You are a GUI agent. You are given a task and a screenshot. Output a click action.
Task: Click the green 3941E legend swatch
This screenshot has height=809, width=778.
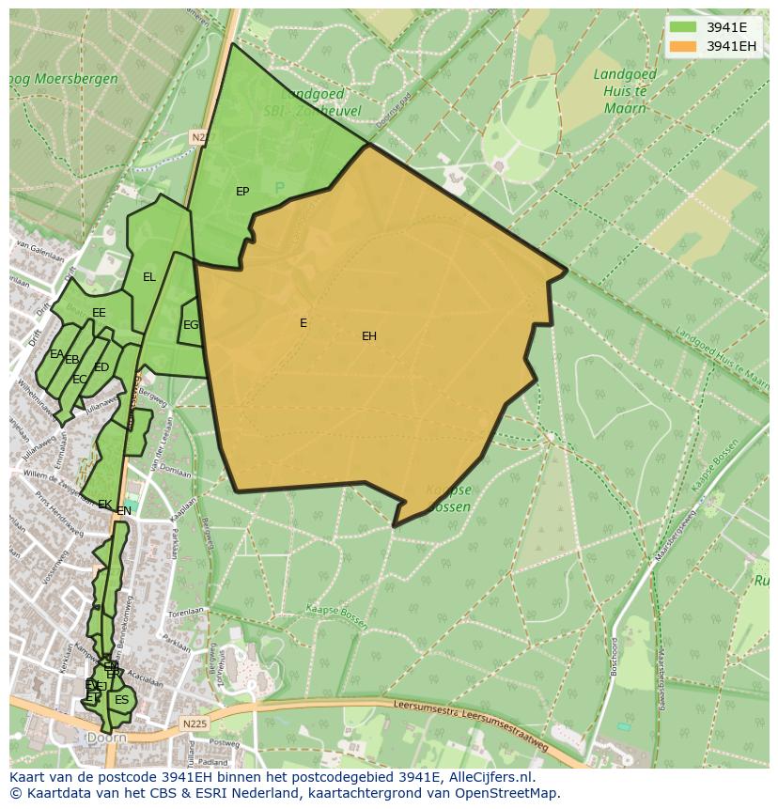point(683,27)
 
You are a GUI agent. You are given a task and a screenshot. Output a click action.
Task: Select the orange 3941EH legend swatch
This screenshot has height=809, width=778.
point(683,46)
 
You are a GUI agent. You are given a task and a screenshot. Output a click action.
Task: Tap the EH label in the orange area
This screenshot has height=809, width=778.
point(369,336)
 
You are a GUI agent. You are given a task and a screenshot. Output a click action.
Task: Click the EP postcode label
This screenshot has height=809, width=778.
point(242,192)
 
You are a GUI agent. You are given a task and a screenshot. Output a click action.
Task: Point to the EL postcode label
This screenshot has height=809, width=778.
point(149,277)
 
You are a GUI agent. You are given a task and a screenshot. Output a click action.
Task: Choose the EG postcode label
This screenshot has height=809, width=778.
point(191,325)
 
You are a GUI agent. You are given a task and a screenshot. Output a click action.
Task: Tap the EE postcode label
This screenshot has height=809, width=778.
point(99,313)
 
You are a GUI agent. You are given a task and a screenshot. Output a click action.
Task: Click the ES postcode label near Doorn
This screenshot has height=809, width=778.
point(121,700)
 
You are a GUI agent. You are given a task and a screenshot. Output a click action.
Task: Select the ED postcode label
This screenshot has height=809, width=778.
point(101,367)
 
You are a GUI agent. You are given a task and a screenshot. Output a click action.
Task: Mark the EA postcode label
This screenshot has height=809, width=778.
point(56,354)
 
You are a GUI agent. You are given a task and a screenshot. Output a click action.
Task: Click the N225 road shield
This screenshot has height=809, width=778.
point(194,723)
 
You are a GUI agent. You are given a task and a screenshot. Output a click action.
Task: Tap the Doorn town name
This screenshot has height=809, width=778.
point(105,739)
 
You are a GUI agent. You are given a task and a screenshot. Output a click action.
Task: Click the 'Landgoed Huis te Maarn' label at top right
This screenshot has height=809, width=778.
point(620,90)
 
